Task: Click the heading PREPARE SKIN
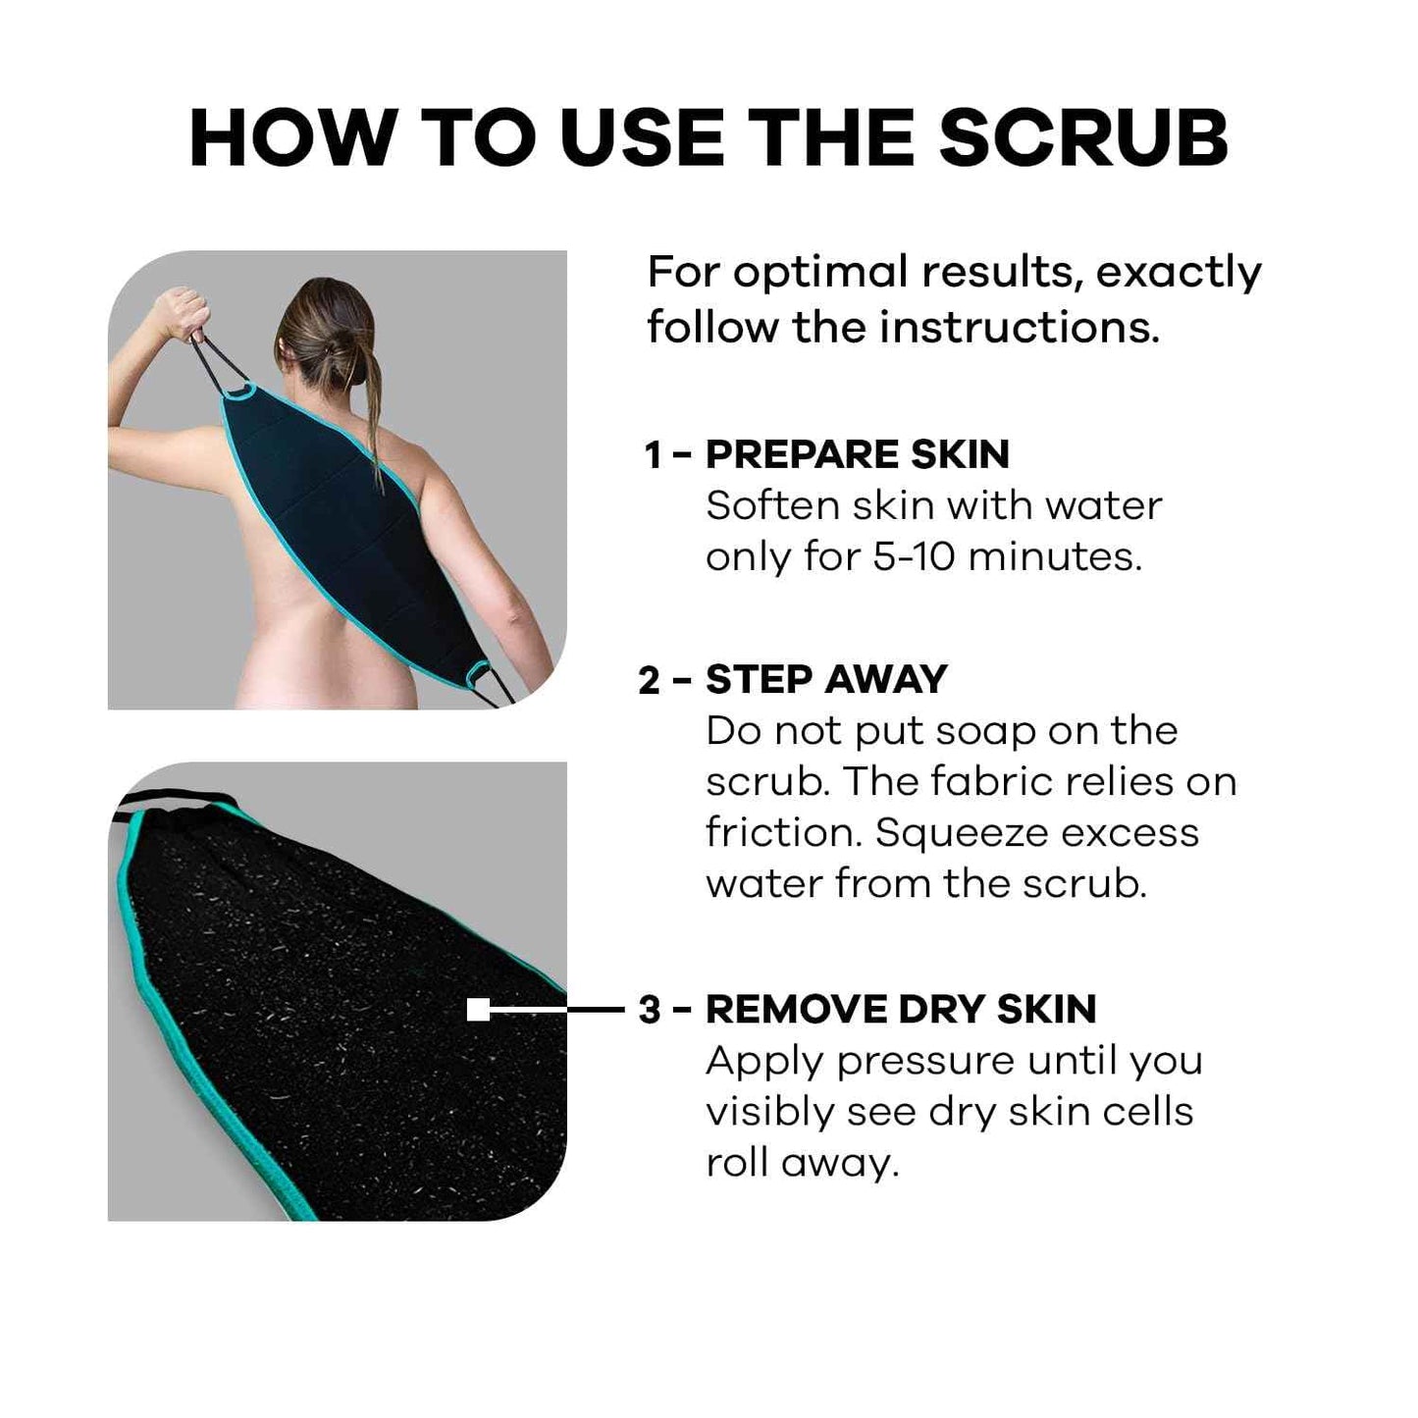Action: coord(857,454)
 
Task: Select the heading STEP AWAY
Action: coord(826,679)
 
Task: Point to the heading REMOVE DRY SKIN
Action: coord(901,1009)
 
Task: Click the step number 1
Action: coord(653,455)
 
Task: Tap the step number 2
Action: coord(650,680)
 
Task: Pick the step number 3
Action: coord(650,1010)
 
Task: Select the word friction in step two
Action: coord(782,832)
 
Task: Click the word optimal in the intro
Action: coord(820,272)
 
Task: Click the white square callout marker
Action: coord(478,1009)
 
